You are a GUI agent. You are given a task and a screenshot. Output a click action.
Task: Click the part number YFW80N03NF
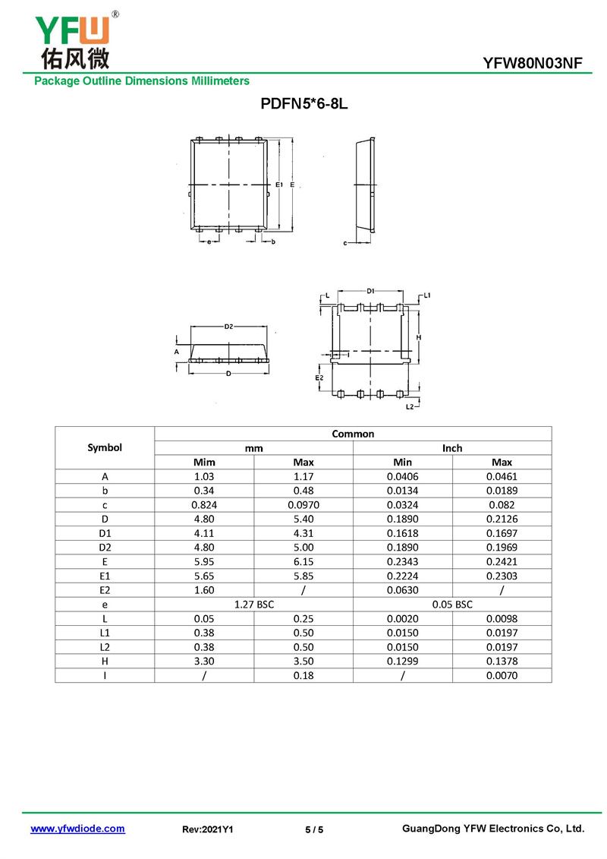(x=532, y=64)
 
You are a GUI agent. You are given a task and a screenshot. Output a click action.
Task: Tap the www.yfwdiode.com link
(x=77, y=829)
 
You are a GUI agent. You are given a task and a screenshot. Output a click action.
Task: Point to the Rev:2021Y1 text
(x=208, y=829)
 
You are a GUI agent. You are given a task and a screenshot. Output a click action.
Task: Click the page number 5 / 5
(x=314, y=829)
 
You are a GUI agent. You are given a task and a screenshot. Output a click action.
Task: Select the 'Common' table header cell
(x=353, y=434)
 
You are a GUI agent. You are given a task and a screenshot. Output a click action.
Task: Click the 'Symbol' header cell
(x=105, y=447)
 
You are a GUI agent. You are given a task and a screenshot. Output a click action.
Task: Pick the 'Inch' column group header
(x=452, y=448)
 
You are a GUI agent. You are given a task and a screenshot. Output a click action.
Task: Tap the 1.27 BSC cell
(x=253, y=605)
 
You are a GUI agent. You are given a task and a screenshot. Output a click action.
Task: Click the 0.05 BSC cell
(x=452, y=605)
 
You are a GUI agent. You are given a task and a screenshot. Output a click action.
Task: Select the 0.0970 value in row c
(x=303, y=504)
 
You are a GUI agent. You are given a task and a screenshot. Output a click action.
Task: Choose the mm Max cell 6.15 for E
(x=303, y=561)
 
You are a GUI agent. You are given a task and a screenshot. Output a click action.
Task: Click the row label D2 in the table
(x=105, y=547)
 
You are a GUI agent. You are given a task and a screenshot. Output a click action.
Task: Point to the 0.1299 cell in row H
(x=403, y=661)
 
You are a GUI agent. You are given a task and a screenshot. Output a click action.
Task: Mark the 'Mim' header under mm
(x=204, y=462)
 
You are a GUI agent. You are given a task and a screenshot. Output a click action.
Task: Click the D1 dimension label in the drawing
(x=370, y=291)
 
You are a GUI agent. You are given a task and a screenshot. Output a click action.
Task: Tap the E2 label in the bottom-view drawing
(x=319, y=377)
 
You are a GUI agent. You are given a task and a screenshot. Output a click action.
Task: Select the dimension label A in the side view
(x=176, y=352)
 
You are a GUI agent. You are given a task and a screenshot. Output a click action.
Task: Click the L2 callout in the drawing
(x=409, y=407)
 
